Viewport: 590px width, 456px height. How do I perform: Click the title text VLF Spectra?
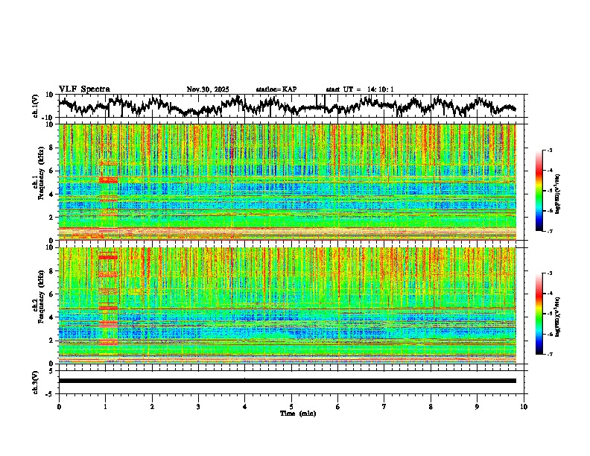tap(84, 89)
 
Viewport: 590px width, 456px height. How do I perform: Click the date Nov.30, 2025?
tap(208, 89)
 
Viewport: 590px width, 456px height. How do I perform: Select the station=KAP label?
tap(276, 89)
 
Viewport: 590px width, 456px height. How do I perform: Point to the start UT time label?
tap(360, 89)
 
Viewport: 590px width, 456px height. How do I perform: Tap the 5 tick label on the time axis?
tap(291, 406)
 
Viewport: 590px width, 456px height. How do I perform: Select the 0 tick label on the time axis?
tap(59, 406)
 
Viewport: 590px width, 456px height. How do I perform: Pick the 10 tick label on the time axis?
tap(524, 406)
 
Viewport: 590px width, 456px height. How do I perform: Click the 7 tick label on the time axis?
tap(384, 406)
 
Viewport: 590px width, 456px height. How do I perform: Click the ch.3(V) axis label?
tap(35, 381)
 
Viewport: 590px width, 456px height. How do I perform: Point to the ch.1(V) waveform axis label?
tap(35, 106)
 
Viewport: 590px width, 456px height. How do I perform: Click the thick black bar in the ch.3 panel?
tap(288, 381)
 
